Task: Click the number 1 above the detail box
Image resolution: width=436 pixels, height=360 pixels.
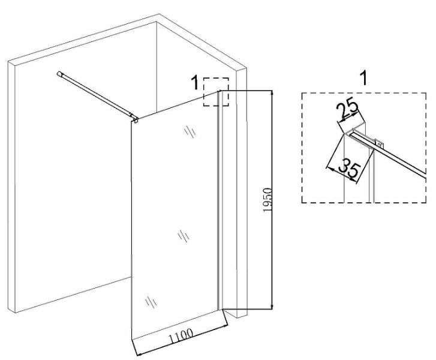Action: (x=362, y=77)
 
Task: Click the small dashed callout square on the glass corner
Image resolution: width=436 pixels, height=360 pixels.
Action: (x=217, y=92)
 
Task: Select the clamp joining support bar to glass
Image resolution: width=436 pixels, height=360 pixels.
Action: (x=136, y=119)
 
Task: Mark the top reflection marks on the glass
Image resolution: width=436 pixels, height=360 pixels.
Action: (x=190, y=130)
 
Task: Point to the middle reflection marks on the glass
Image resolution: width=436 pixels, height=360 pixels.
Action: (x=182, y=236)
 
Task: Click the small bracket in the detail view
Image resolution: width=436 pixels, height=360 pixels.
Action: (x=378, y=143)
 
